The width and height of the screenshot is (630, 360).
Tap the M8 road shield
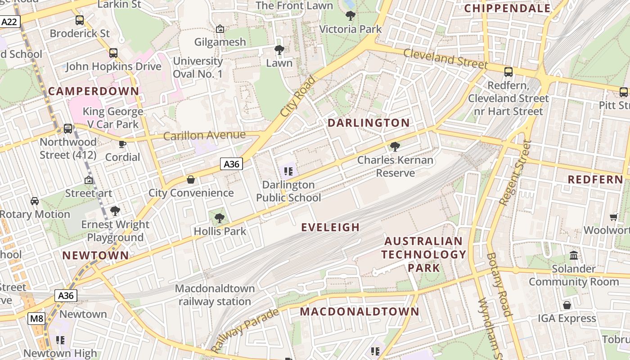36,319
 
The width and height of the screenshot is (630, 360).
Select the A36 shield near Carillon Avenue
232,164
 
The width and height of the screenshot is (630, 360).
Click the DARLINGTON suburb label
369,123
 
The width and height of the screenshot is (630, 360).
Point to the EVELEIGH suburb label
330,227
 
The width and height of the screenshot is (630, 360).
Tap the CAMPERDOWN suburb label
94,91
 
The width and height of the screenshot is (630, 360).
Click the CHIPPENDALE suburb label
507,8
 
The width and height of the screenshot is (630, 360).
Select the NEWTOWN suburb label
95,256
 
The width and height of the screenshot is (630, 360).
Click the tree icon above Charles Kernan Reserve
395,146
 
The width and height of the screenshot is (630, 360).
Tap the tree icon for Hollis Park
220,218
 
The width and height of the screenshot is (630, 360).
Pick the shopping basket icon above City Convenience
191,180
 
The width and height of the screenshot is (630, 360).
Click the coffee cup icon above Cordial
122,144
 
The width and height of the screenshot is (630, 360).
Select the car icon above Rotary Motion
34,201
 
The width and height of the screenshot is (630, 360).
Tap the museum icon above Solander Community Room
574,255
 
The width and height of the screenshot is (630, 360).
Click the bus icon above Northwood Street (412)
68,129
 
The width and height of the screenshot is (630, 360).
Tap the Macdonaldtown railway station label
215,295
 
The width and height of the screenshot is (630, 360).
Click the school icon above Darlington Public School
288,171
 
